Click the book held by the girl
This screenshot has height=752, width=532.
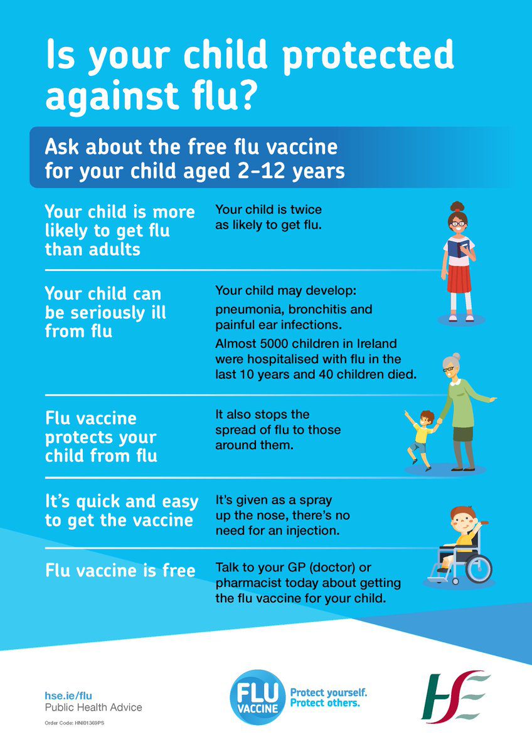[455, 248]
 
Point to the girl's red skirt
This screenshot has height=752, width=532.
[459, 278]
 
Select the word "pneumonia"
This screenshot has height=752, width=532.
[246, 310]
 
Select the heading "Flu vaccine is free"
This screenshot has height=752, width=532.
[120, 571]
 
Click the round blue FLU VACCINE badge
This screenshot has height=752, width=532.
[258, 697]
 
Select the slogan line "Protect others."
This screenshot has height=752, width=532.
[325, 703]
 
